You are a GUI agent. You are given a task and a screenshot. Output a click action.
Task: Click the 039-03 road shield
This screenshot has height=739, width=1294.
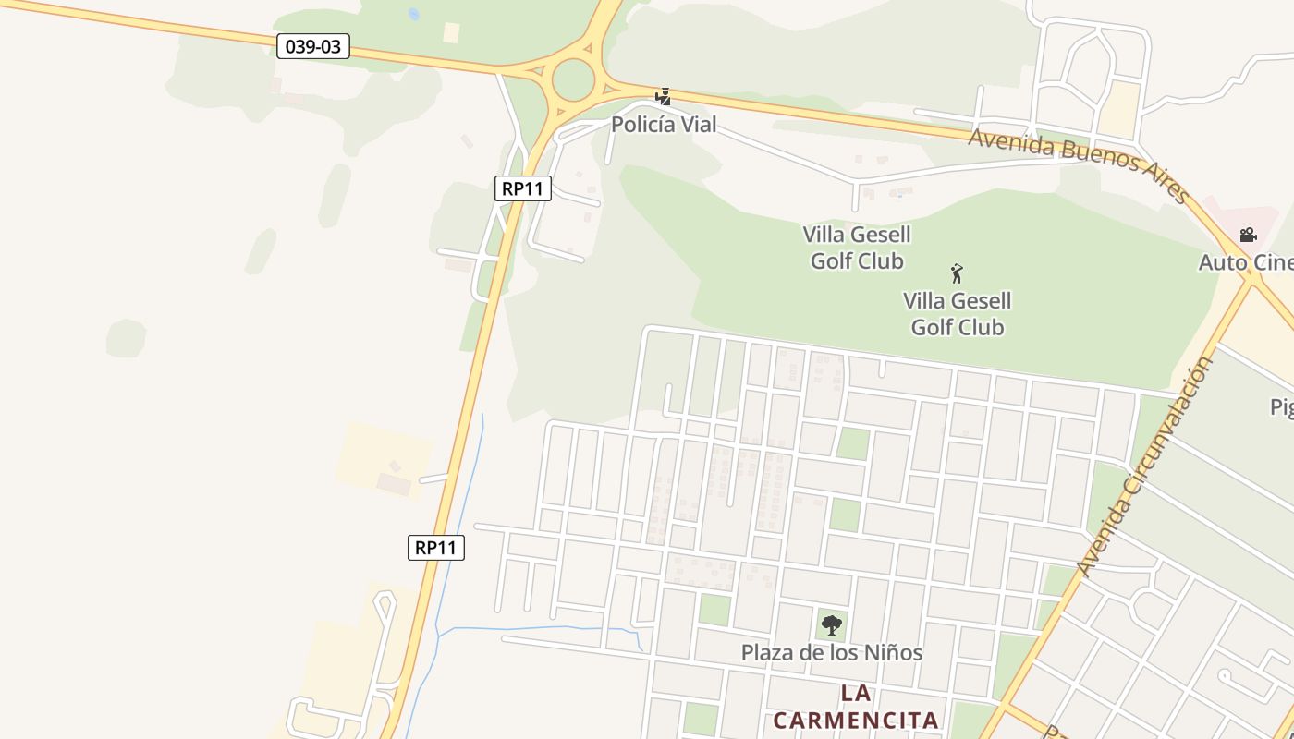point(312,46)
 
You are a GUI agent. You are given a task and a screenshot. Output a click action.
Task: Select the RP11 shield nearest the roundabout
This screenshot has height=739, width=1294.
point(522,188)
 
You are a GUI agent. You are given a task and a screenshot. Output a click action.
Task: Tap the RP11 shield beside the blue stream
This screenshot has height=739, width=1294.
point(435,547)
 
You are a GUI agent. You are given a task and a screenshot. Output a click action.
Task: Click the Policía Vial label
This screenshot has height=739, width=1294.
point(664,125)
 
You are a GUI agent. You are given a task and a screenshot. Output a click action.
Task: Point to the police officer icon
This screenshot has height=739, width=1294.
point(663,96)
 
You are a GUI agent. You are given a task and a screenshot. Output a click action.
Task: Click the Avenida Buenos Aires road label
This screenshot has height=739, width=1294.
point(1078,163)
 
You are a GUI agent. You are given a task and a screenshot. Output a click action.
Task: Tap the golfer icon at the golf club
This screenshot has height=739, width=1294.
point(957,273)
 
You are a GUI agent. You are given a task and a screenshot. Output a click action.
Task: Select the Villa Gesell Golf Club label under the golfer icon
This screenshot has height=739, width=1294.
point(957,314)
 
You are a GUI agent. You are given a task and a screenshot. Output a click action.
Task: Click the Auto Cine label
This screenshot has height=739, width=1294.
point(1245,262)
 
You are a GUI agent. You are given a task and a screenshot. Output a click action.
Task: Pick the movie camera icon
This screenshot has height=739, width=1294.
point(1248,235)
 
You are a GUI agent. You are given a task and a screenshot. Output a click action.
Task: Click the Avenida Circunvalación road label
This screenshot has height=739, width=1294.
point(1143,467)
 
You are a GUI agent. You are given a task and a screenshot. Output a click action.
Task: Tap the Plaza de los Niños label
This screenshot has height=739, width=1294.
point(831,652)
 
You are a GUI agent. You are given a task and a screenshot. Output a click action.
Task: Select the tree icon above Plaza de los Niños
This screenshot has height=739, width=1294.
point(831,625)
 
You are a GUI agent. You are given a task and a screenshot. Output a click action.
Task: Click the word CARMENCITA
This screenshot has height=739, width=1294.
point(856,720)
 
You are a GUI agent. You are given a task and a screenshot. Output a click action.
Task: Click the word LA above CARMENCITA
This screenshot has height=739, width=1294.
point(857,693)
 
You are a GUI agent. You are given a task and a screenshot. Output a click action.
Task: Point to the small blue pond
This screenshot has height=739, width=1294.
point(413,15)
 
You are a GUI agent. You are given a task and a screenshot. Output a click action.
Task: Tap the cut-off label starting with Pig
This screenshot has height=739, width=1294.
point(1281,406)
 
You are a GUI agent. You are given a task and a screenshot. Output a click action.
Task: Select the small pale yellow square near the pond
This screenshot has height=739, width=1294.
point(451,33)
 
